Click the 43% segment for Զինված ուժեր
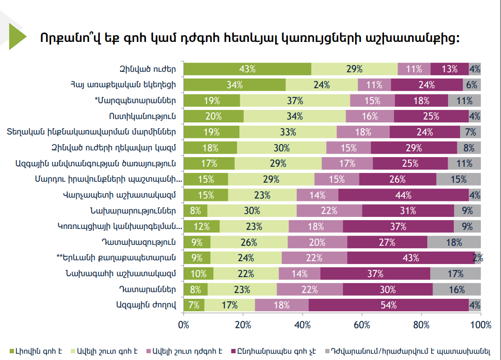click(247, 69)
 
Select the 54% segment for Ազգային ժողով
click(389, 305)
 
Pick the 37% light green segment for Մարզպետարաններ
click(295, 100)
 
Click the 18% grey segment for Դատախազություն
click(454, 242)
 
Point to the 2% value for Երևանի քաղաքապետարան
click(478, 258)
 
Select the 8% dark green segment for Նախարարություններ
click(196, 211)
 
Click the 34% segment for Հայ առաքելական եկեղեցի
click(235, 85)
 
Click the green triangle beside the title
click(18, 37)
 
